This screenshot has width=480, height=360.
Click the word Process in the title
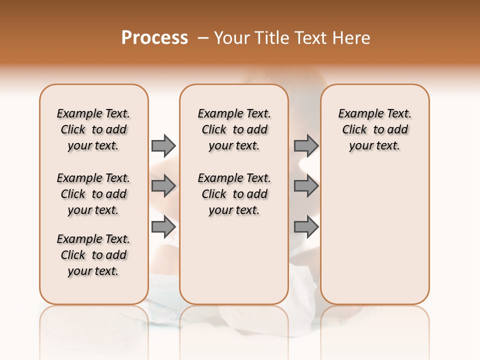pyautogui.click(x=154, y=37)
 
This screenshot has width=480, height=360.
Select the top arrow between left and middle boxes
pyautogui.click(x=163, y=145)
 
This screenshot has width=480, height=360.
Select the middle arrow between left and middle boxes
pyautogui.click(x=163, y=186)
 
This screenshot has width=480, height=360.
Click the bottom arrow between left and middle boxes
pyautogui.click(x=163, y=227)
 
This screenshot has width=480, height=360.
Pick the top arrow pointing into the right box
pyautogui.click(x=306, y=145)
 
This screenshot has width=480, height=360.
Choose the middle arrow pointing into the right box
pyautogui.click(x=306, y=186)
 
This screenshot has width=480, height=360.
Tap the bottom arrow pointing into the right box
pyautogui.click(x=306, y=227)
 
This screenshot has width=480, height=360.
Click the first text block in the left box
pyautogui.click(x=93, y=129)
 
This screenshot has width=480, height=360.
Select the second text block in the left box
pyautogui.click(x=93, y=194)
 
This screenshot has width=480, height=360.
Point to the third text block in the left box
pyautogui.click(x=93, y=255)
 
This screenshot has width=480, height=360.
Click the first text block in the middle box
pyautogui.click(x=234, y=129)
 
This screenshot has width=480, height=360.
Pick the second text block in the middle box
pyautogui.click(x=234, y=194)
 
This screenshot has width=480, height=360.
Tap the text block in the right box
pyautogui.click(x=375, y=129)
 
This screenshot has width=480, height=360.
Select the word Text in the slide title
pyautogui.click(x=310, y=38)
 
